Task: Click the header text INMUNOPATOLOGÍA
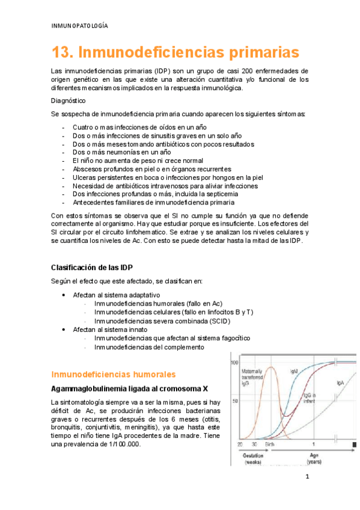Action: coord(80,26)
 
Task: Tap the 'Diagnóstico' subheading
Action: coord(68,101)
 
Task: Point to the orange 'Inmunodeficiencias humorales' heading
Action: coord(113,373)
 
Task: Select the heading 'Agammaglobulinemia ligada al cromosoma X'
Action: coord(130,388)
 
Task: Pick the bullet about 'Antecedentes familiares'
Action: coord(153,203)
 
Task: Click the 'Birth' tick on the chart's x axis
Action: coord(270,444)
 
